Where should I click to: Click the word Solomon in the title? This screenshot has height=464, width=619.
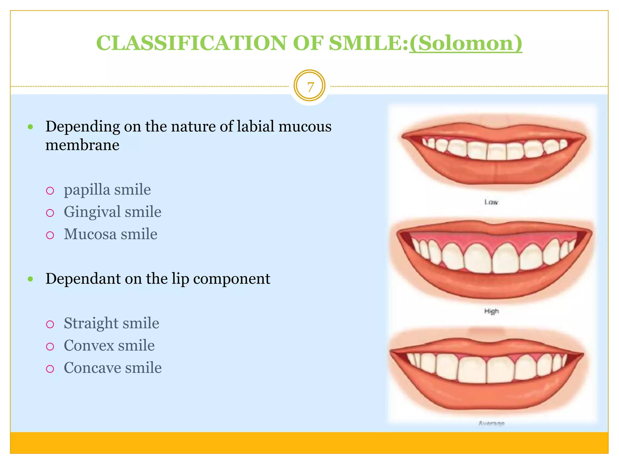[x=465, y=43]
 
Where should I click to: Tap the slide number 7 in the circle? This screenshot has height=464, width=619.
[x=309, y=87]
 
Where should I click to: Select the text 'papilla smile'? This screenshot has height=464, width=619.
[x=107, y=190]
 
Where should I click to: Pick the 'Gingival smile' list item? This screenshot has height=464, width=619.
[x=112, y=212]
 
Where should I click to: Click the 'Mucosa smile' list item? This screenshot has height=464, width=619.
[x=110, y=234]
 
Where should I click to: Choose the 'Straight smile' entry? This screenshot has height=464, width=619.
[x=111, y=323]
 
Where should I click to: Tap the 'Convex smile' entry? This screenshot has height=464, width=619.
[x=109, y=346]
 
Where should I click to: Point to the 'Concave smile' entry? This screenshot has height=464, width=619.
[x=112, y=368]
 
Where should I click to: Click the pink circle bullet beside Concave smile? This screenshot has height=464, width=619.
[x=50, y=369]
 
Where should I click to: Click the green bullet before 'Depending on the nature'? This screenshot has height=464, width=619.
[x=30, y=127]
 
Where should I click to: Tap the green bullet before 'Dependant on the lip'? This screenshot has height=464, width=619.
[x=30, y=279]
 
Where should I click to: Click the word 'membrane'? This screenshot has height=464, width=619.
[x=82, y=145]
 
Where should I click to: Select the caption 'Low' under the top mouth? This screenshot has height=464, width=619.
[x=491, y=202]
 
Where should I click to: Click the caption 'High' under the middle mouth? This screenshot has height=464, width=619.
[x=491, y=311]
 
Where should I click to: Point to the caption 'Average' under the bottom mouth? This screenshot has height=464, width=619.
[x=491, y=423]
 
